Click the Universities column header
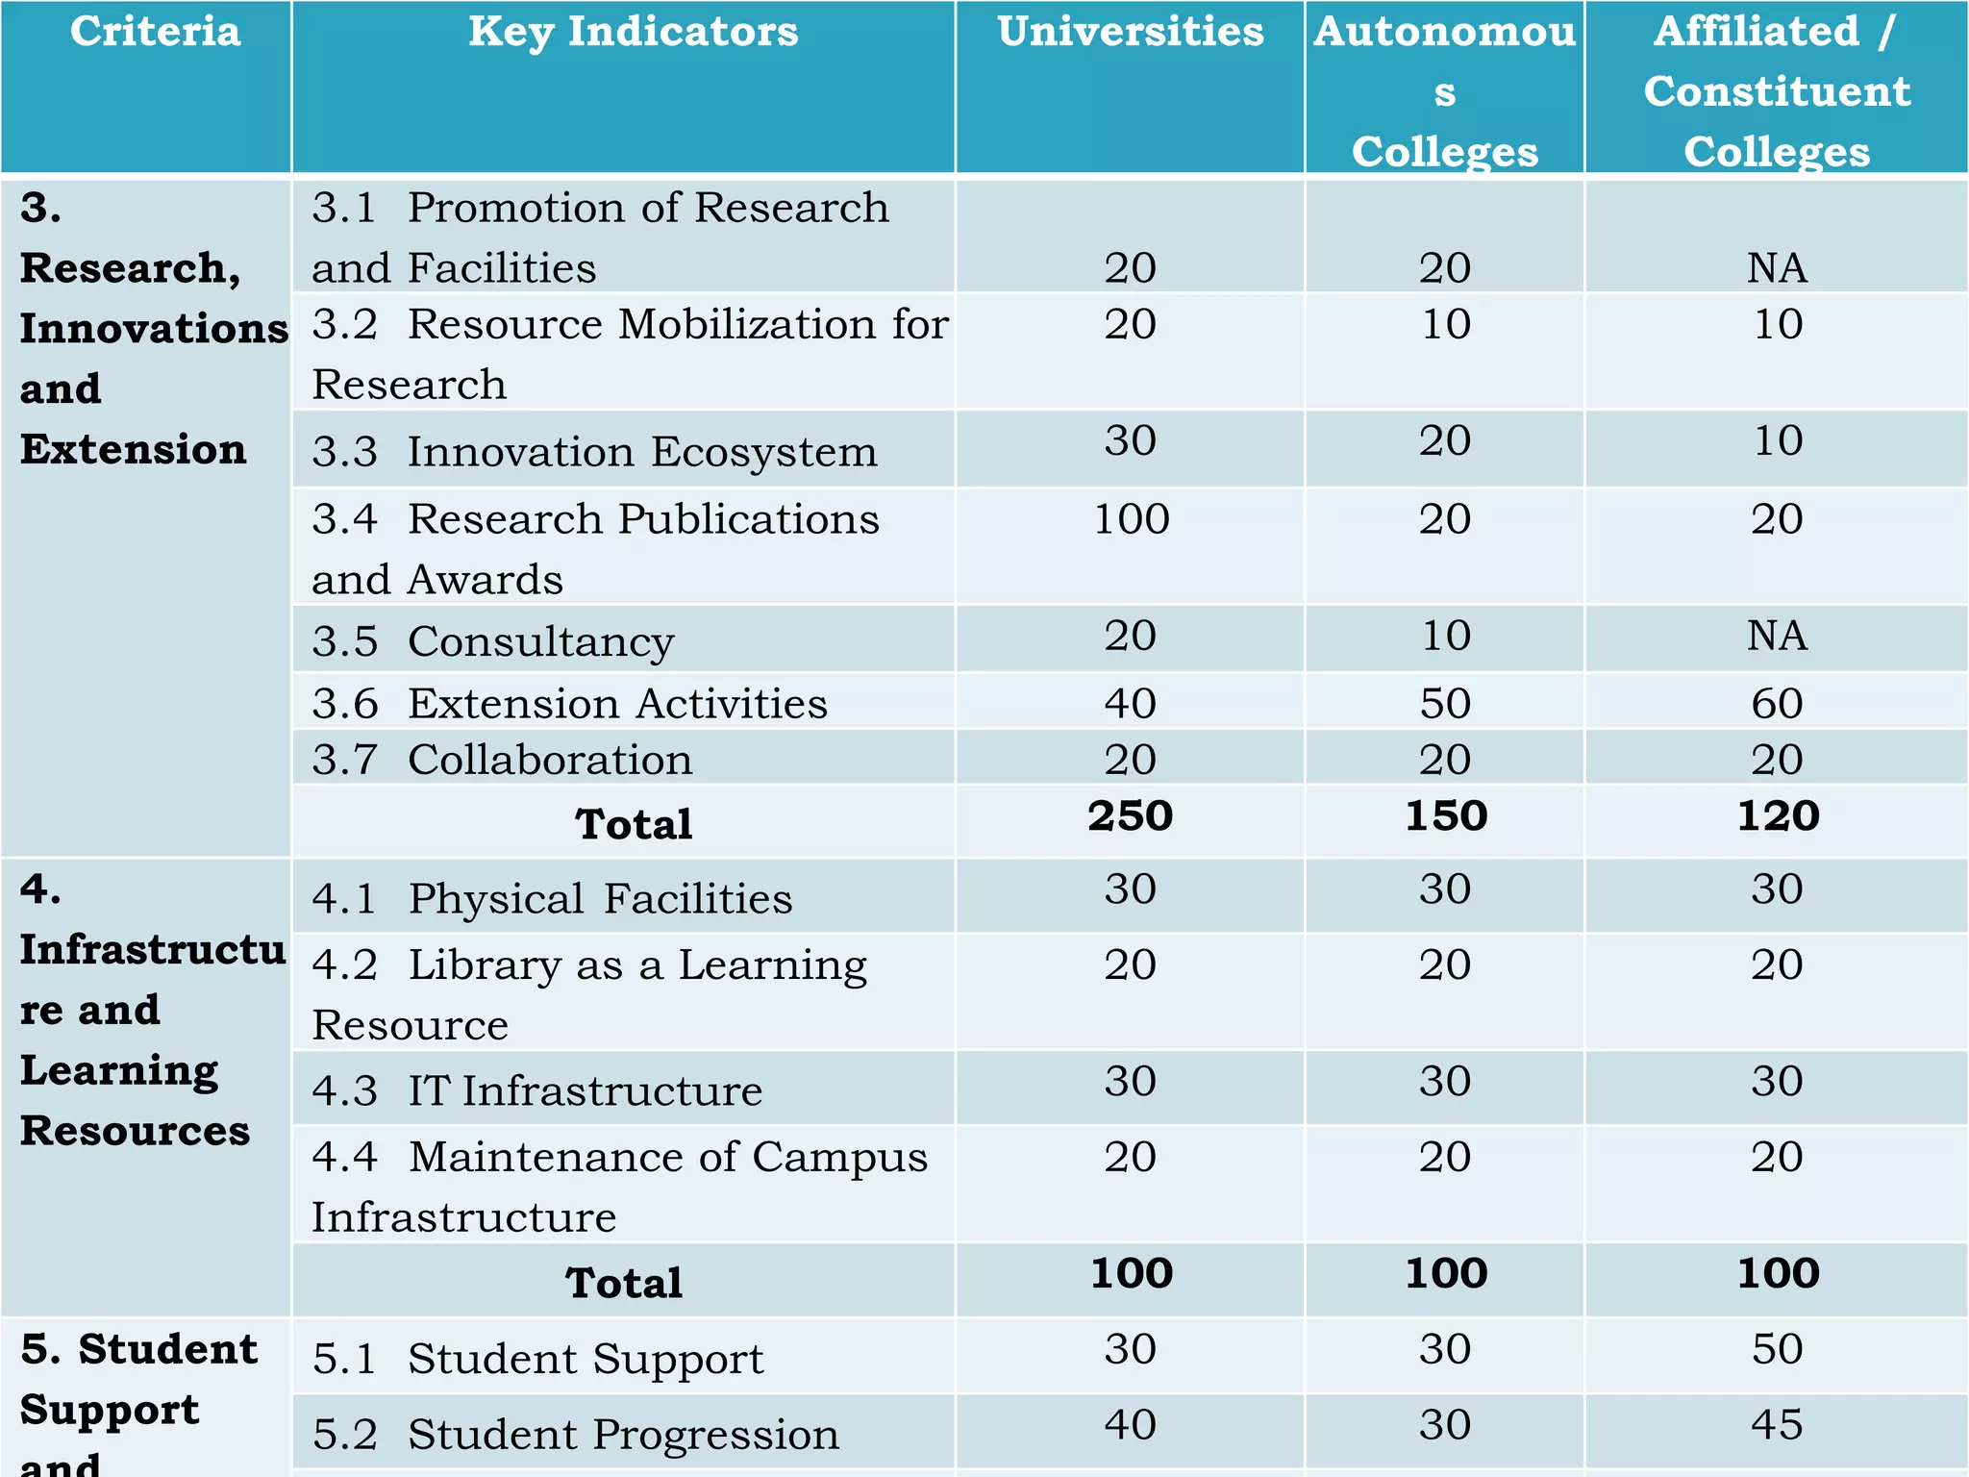[1130, 32]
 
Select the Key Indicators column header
[633, 32]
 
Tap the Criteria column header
[155, 32]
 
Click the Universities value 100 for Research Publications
[1131, 519]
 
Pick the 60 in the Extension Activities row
[1777, 703]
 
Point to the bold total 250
[1130, 815]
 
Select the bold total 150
[1445, 815]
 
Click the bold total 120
[1777, 815]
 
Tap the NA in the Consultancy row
[1777, 636]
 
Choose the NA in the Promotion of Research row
[1777, 267]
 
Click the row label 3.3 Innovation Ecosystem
[594, 451]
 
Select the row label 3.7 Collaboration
[502, 760]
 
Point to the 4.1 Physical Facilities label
[552, 898]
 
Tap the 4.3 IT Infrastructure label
[536, 1090]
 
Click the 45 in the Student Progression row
[1777, 1424]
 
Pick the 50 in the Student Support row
[1777, 1349]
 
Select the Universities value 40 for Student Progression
[1130, 1424]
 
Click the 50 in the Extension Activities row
[1445, 703]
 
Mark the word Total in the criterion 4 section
[624, 1283]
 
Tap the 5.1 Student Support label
[537, 1359]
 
